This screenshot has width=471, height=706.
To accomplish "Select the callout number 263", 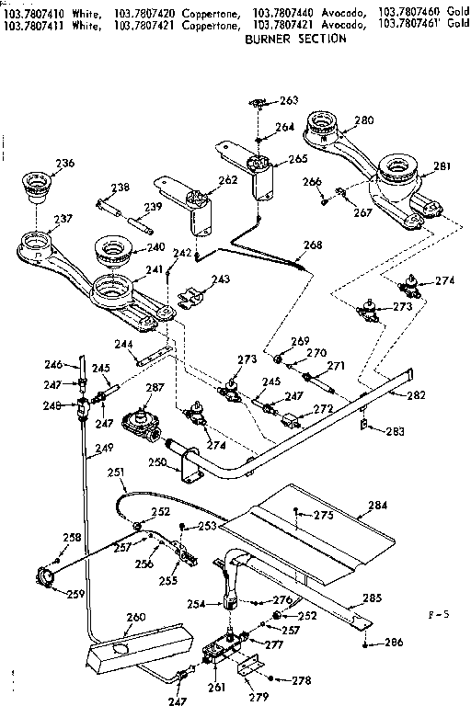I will pyautogui.click(x=289, y=100).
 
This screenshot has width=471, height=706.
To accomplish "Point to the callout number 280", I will pyautogui.click(x=363, y=120).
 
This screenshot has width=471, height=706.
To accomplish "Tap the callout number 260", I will pyautogui.click(x=135, y=617).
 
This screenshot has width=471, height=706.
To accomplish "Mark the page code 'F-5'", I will pyautogui.click(x=440, y=610).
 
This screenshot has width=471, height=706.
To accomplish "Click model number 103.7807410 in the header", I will pyautogui.click(x=37, y=6).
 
